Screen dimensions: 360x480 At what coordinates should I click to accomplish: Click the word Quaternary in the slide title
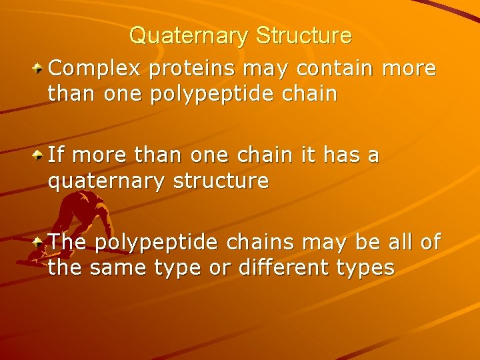pyautogui.click(x=189, y=35)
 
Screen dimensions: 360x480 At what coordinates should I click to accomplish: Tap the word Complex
pyautogui.click(x=95, y=69)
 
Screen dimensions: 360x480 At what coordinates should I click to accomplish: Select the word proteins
pyautogui.click(x=196, y=69)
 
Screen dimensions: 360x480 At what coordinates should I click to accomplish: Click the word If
pyautogui.click(x=56, y=155)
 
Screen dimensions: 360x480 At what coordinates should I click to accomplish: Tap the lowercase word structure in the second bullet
pyautogui.click(x=221, y=181)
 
